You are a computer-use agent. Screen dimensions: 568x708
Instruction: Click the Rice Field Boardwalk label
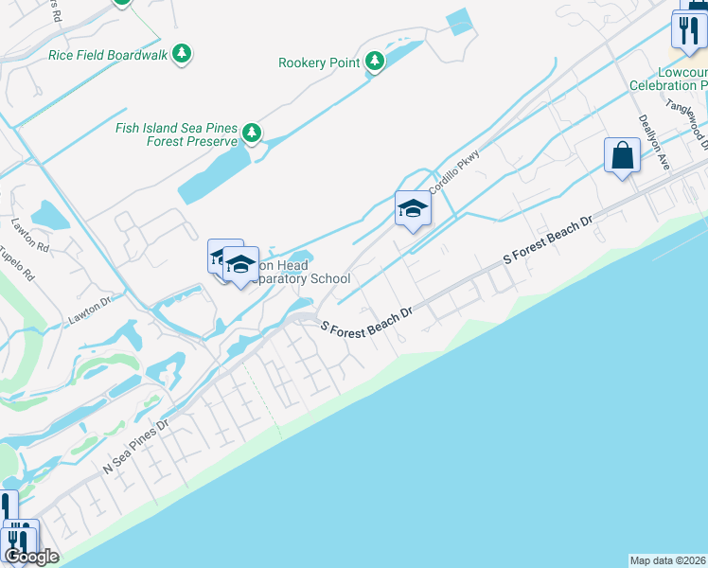click(x=108, y=55)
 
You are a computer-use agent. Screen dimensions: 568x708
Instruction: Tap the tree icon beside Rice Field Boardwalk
click(x=182, y=54)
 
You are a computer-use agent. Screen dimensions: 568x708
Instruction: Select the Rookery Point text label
click(x=319, y=62)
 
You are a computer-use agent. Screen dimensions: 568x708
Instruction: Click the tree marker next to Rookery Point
click(x=376, y=62)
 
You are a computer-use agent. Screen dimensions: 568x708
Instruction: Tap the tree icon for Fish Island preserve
click(x=251, y=133)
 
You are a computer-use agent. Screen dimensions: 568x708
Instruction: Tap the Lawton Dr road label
click(x=90, y=311)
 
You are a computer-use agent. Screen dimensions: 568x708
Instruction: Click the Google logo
click(x=30, y=557)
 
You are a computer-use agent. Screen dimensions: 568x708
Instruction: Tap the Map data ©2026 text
click(x=668, y=559)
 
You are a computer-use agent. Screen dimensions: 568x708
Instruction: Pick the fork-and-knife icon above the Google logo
click(x=20, y=538)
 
